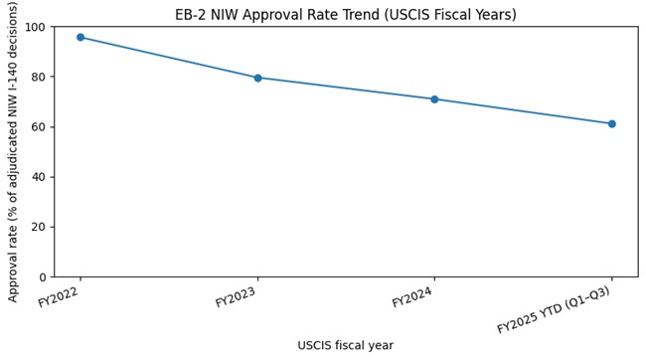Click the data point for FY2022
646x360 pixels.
point(81,37)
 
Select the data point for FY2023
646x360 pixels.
point(257,78)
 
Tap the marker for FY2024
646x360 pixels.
point(434,99)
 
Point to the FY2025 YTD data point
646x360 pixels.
point(611,124)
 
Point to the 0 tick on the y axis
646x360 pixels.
point(42,277)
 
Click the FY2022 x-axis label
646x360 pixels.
point(59,296)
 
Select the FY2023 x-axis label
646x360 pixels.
point(236,296)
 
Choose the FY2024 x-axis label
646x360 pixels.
point(412,296)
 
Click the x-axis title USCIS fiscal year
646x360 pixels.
point(345,346)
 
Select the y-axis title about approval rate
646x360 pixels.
point(14,151)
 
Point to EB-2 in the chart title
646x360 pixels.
point(192,15)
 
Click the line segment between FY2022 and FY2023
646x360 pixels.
point(169,58)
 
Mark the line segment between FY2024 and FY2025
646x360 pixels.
point(523,111)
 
